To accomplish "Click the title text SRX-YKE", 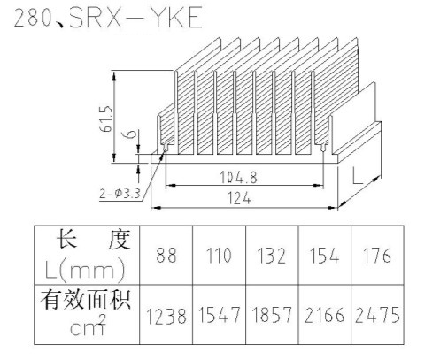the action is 136,18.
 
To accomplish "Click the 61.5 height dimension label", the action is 106,119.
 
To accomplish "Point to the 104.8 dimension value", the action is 238,177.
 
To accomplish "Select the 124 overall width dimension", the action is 239,198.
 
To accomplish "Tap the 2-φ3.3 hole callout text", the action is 120,194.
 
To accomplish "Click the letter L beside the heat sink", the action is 358,175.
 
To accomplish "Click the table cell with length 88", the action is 166,256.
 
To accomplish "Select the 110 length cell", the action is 219,256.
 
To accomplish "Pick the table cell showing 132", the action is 272,256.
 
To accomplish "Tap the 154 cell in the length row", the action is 324,256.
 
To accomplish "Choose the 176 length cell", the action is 377,256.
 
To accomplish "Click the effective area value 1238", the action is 166,316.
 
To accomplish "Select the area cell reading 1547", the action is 219,315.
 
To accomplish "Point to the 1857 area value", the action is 272,315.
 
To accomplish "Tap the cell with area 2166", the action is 324,315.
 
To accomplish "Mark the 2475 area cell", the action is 377,315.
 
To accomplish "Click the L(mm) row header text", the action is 85,269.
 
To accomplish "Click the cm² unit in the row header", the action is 88,326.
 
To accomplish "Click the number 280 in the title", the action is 33,19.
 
